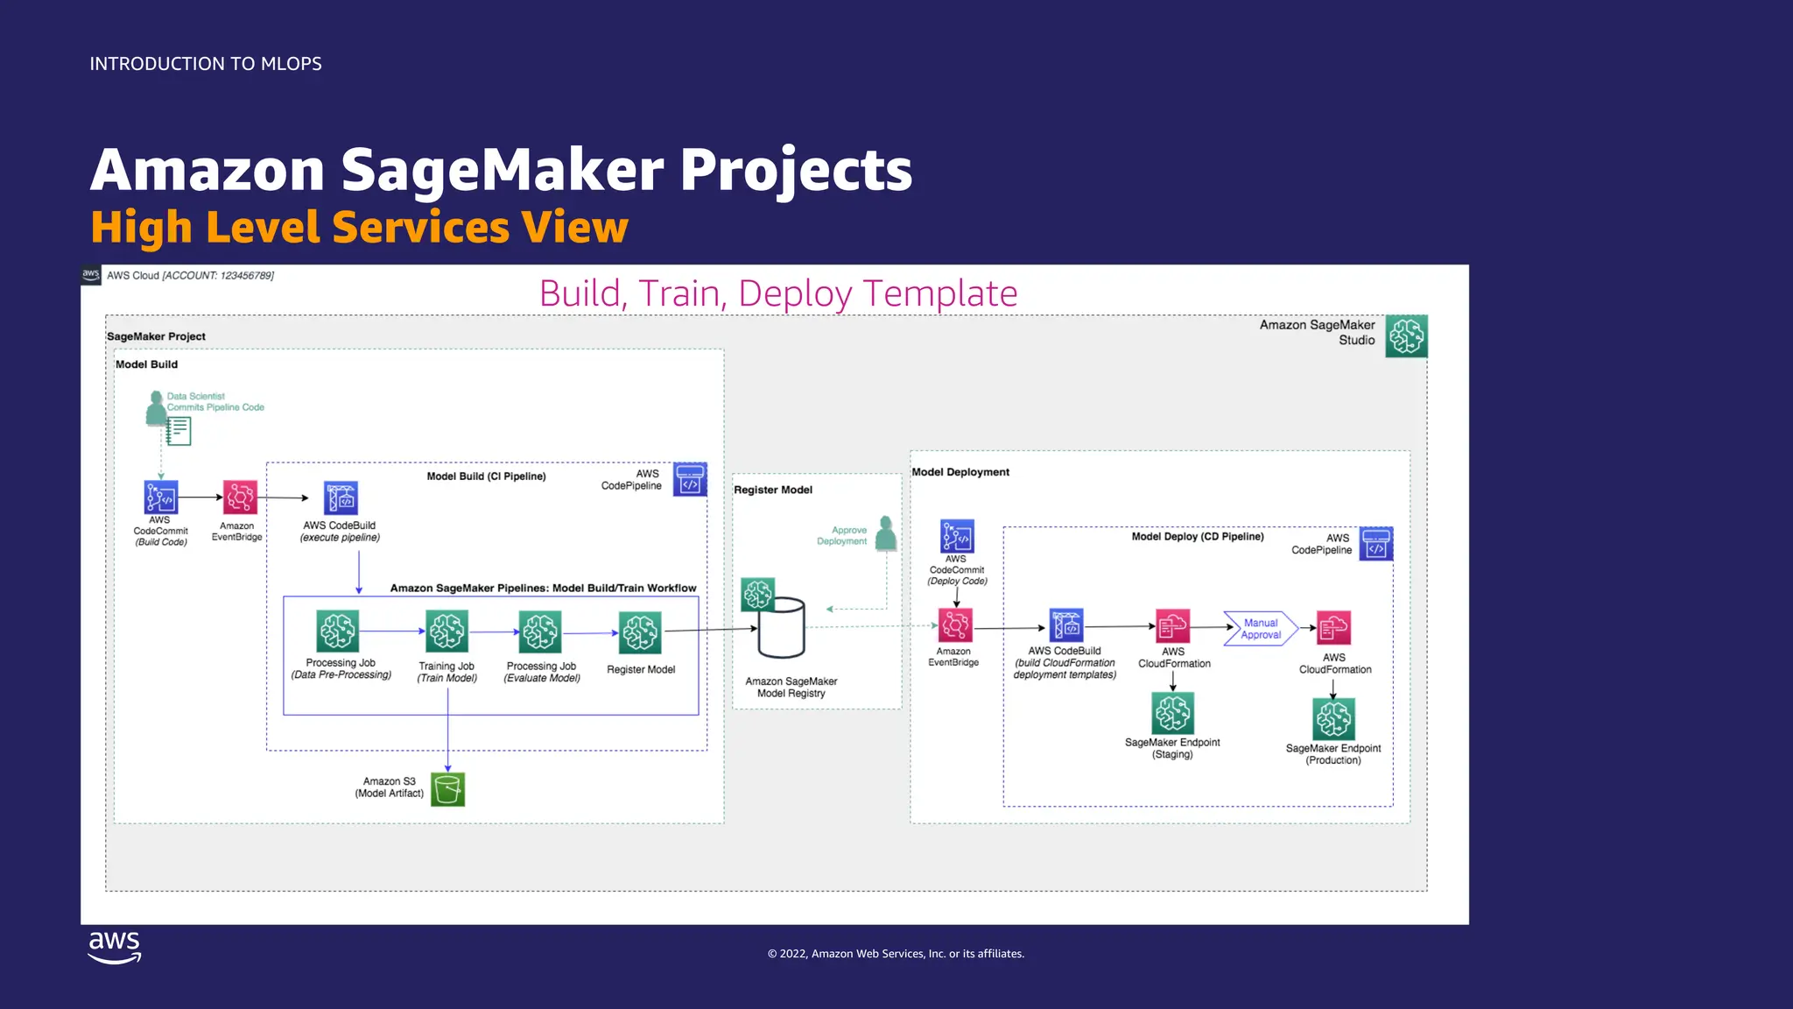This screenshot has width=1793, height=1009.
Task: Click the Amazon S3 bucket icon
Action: [x=447, y=789]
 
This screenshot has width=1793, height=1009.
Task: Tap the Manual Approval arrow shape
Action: [x=1261, y=629]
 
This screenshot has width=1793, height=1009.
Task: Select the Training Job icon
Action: [x=447, y=632]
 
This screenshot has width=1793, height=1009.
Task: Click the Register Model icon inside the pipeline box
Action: [x=640, y=633]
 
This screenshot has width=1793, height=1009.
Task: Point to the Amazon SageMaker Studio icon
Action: [x=1406, y=336]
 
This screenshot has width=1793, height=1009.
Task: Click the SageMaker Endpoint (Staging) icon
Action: [x=1173, y=713]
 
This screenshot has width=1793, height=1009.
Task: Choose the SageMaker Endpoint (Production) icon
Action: [x=1333, y=719]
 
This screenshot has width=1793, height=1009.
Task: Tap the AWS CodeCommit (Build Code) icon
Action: [x=161, y=497]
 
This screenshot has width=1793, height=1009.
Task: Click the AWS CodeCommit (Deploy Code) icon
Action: [x=957, y=536]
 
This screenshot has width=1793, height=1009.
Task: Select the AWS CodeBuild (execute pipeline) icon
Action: [x=341, y=498]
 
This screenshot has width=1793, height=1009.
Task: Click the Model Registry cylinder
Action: [x=781, y=628]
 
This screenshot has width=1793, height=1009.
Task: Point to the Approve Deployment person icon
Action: [x=886, y=533]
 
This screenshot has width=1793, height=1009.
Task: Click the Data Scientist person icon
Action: [x=157, y=408]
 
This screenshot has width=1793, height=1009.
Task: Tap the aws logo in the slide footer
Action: [x=115, y=947]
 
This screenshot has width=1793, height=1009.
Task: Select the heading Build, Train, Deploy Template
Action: [x=778, y=293]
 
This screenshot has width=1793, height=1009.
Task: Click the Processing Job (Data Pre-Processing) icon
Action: [x=338, y=631]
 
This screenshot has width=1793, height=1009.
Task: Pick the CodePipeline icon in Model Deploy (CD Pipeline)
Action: [x=1376, y=544]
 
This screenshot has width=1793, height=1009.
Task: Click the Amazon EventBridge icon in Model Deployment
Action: [x=955, y=625]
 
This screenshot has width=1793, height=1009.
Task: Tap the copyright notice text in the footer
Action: [x=896, y=954]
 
